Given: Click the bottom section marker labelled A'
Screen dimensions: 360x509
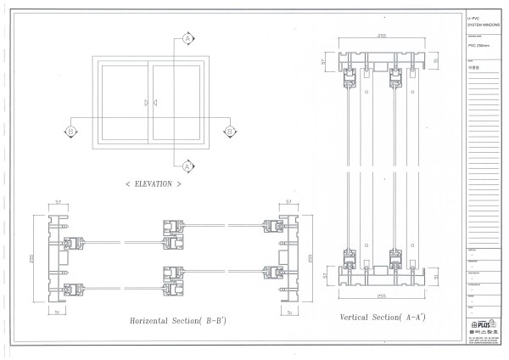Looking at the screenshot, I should [187, 166].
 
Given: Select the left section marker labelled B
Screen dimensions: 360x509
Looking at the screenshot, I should [71, 131].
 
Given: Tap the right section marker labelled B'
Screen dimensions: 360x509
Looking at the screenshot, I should [228, 131].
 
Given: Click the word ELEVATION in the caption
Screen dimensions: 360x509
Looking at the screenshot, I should [153, 183].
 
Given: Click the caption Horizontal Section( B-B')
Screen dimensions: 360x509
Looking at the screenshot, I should [177, 321].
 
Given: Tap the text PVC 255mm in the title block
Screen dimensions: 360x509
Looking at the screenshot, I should [480, 47].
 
